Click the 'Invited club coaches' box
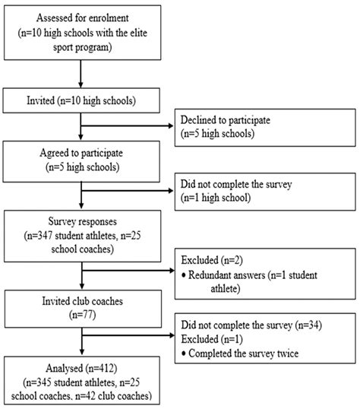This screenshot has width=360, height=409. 81,305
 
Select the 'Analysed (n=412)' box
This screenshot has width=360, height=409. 81,379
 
